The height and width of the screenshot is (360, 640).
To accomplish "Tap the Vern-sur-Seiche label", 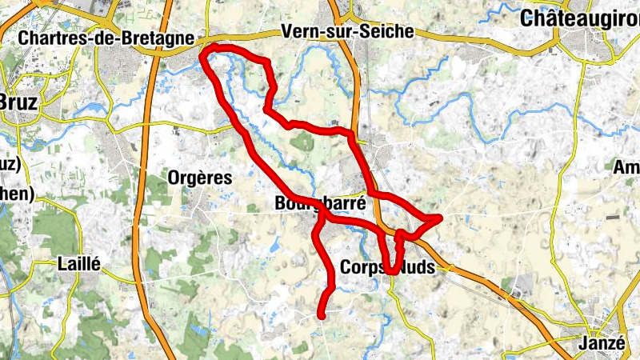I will [x=348, y=32].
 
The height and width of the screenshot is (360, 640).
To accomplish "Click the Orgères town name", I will [x=201, y=178].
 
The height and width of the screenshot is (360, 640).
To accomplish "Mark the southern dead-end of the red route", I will [x=322, y=316].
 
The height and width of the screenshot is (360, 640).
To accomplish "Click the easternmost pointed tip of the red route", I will [x=441, y=217].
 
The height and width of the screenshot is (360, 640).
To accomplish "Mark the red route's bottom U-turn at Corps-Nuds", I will [x=390, y=271].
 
